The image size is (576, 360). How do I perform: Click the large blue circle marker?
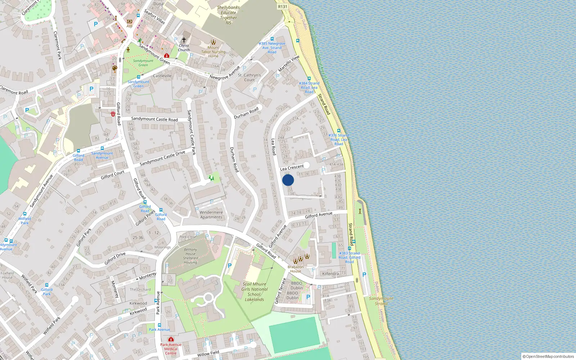(288, 180)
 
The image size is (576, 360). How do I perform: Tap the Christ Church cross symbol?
(184, 40)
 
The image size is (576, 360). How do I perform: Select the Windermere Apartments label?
(211, 215)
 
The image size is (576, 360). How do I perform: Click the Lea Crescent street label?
(292, 167)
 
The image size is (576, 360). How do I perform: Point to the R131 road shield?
(283, 6)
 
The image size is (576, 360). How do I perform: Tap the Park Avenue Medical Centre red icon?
(171, 339)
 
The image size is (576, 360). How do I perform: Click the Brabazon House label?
(296, 269)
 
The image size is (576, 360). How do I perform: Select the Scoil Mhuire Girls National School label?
(255, 292)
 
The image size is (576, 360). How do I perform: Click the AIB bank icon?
(129, 22)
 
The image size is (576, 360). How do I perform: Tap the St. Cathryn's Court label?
(249, 77)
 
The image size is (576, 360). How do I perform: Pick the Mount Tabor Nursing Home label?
(213, 52)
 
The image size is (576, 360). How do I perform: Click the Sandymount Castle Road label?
(154, 119)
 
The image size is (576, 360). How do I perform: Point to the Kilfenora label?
(330, 274)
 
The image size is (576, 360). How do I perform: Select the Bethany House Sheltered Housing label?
(190, 256)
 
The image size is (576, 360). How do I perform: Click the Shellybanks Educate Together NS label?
(228, 15)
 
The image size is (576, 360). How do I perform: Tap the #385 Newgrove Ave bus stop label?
(272, 48)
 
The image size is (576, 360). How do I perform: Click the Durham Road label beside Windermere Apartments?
(234, 159)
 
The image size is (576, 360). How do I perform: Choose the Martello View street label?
(289, 63)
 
